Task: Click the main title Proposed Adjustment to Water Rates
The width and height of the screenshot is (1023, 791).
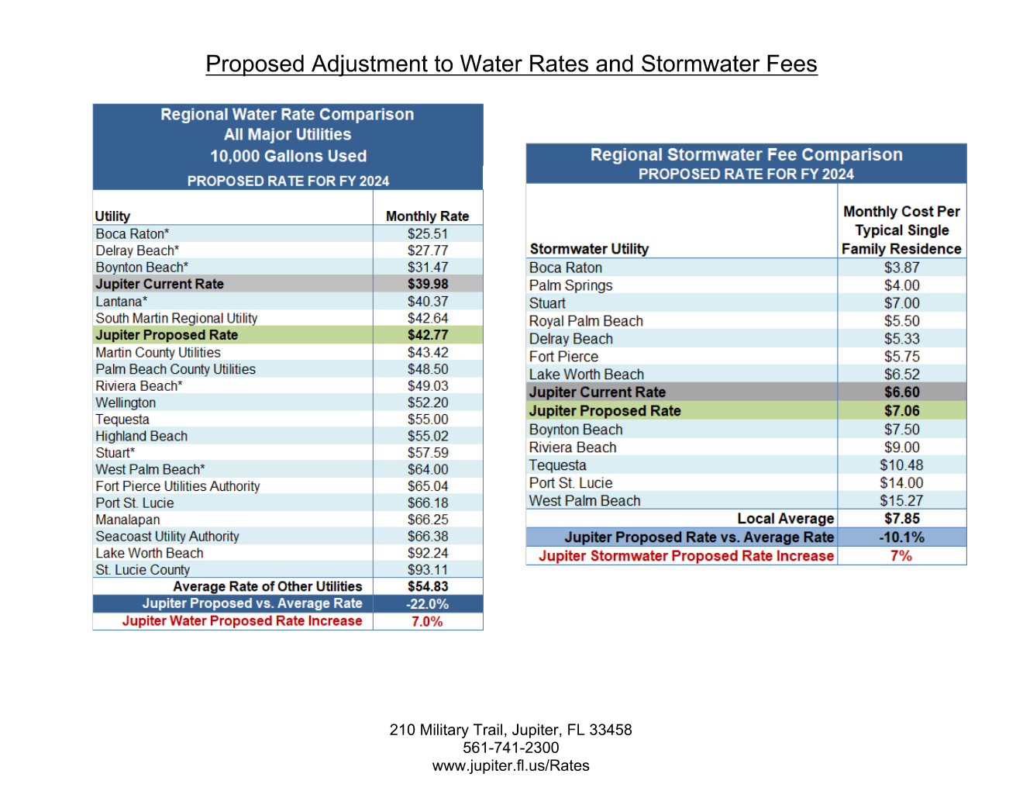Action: click(511, 64)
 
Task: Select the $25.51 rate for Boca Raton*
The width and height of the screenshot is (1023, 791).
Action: click(428, 233)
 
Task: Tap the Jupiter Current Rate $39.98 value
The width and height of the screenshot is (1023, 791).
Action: click(428, 284)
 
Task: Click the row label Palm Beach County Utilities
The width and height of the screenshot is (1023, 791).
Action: click(175, 369)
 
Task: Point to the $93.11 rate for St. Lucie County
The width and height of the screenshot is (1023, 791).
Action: click(428, 570)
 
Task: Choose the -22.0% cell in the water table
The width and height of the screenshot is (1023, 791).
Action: click(428, 604)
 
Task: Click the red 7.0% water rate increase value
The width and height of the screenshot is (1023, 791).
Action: click(427, 621)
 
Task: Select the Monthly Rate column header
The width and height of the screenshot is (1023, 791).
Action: click(428, 216)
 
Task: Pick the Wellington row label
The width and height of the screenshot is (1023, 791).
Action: click(126, 402)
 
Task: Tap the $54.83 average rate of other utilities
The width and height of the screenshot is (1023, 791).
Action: click(428, 587)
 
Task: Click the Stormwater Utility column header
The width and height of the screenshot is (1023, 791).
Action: click(589, 249)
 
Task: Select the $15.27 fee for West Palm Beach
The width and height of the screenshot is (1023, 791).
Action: click(901, 501)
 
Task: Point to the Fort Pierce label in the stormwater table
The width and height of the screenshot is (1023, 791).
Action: click(563, 357)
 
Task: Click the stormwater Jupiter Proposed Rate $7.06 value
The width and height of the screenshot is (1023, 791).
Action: click(901, 411)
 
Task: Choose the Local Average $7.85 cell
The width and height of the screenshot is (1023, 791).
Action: click(901, 519)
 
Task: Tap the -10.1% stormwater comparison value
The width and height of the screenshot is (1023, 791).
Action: click(901, 537)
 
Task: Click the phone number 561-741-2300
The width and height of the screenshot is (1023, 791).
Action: click(511, 748)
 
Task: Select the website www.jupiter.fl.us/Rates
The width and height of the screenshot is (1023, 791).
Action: click(511, 765)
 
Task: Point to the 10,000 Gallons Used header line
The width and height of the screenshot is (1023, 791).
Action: click(288, 156)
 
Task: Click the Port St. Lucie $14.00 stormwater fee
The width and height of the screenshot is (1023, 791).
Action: click(901, 483)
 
